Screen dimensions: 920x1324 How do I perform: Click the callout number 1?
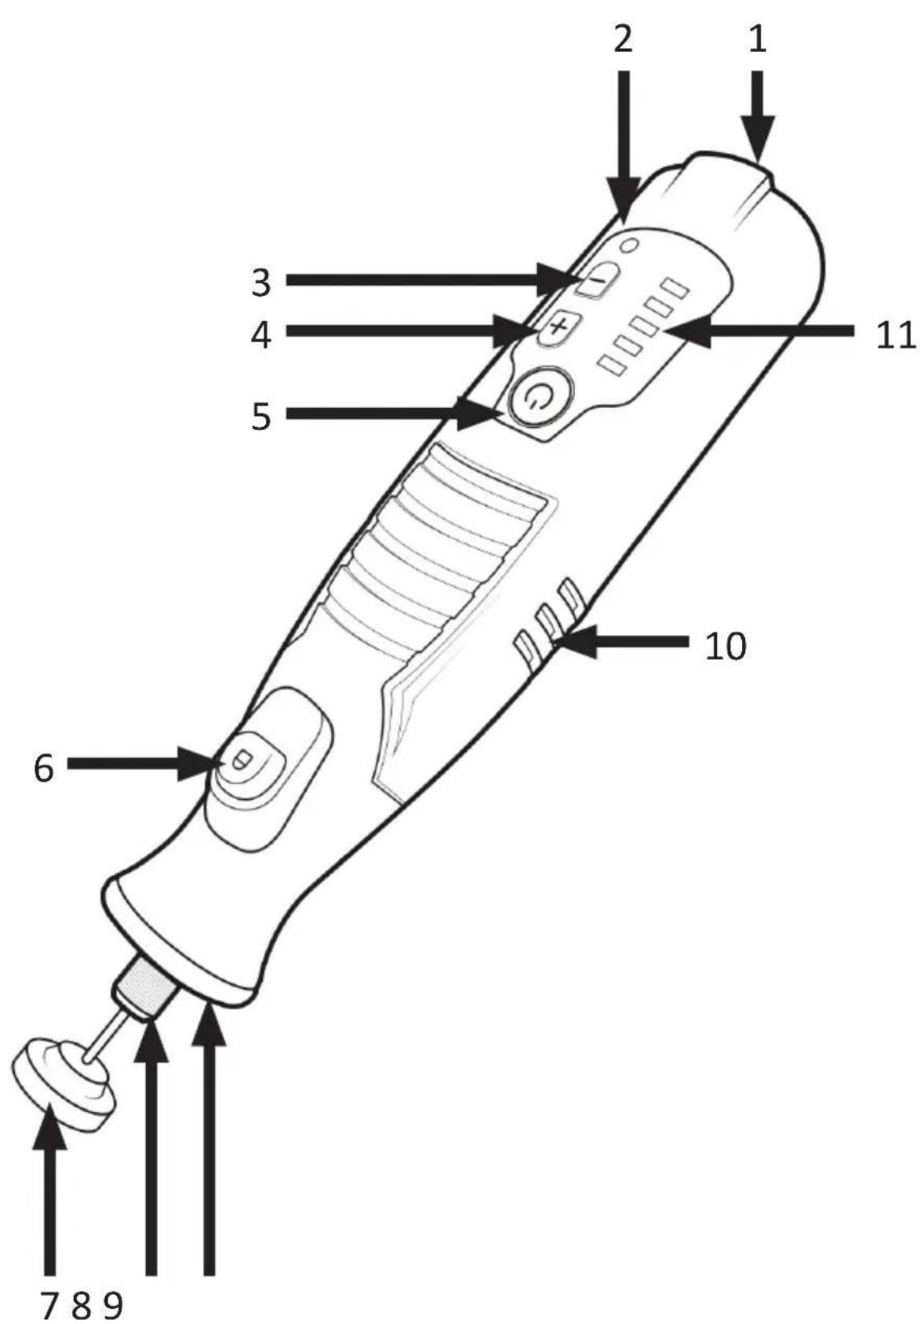tap(757, 40)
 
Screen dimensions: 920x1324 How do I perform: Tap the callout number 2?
tap(623, 40)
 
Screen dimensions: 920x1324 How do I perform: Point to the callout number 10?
tap(725, 646)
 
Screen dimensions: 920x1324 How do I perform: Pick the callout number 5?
tap(261, 416)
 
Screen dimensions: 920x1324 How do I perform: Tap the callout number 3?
tap(261, 283)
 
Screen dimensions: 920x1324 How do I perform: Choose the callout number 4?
tap(261, 335)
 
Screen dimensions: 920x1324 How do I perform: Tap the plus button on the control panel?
tap(558, 327)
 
